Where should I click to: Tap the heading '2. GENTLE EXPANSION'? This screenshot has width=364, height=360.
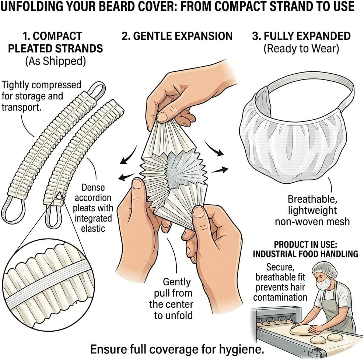coord(177,36)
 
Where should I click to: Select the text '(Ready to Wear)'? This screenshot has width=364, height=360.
coord(301,49)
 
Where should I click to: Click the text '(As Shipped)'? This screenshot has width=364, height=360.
coord(55,61)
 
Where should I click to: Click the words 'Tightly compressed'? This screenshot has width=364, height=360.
coord(41,85)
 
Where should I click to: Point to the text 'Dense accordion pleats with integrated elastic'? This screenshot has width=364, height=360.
coord(94,208)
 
